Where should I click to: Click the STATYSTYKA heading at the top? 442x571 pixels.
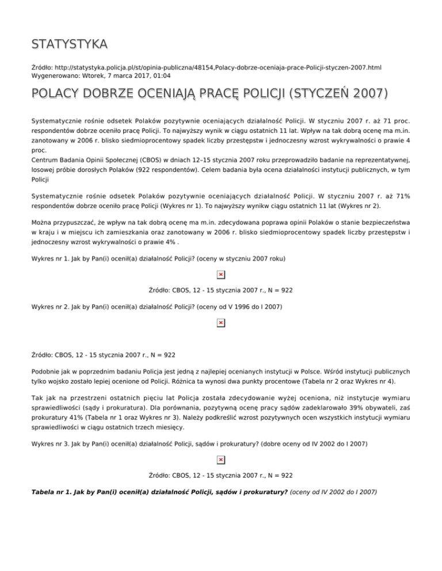point(68,44)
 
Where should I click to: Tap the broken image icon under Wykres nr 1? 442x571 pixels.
point(220,275)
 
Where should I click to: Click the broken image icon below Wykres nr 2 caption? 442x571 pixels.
point(220,323)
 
